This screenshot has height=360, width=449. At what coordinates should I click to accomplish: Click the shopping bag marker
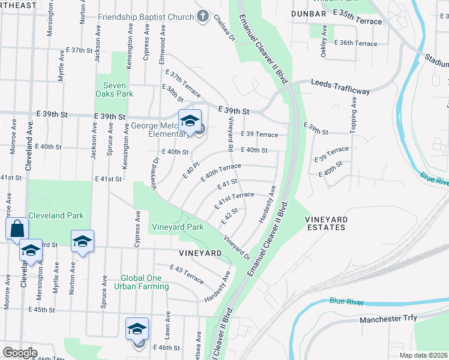pyautogui.click(x=17, y=229)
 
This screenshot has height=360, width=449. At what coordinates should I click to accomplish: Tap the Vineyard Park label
pyautogui.click(x=178, y=227)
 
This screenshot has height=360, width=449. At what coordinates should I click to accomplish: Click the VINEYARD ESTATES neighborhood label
pyautogui.click(x=325, y=223)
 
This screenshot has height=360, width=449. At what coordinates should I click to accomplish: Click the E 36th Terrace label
pyautogui.click(x=357, y=43)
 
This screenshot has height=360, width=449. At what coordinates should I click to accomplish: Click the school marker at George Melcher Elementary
pyautogui.click(x=190, y=121)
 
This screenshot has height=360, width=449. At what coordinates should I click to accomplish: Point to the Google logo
pyautogui.click(x=20, y=353)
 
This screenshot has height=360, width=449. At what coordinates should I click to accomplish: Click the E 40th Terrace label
pyautogui.click(x=223, y=170)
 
